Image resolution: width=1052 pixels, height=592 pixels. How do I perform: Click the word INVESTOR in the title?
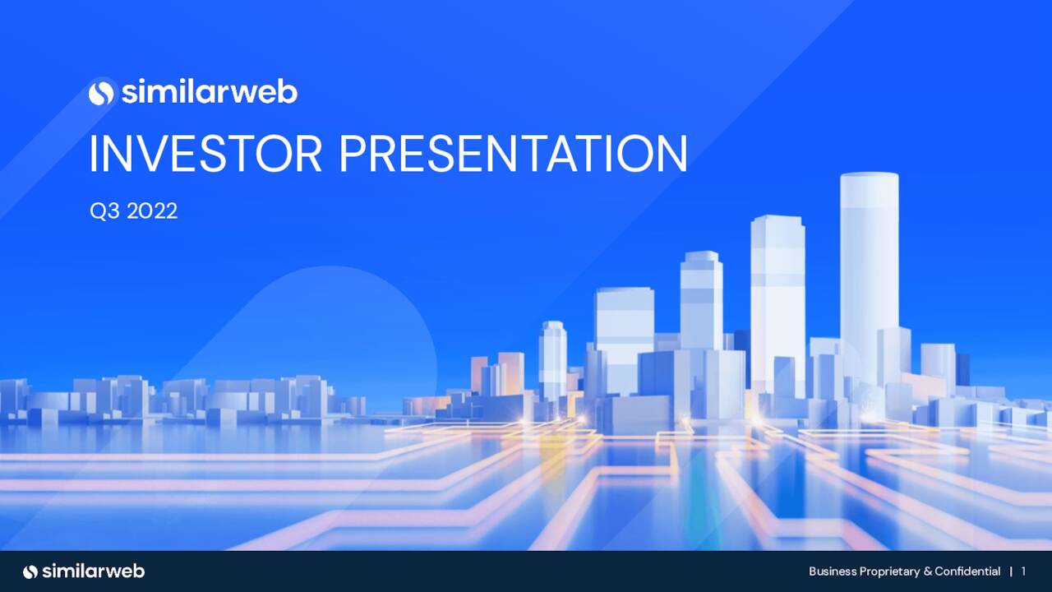(205, 154)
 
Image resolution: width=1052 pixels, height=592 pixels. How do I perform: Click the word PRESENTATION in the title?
(513, 154)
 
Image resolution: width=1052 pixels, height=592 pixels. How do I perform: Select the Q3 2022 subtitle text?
(133, 211)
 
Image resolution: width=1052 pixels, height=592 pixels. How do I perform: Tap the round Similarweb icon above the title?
(102, 92)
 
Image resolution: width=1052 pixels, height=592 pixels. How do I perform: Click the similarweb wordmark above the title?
(210, 92)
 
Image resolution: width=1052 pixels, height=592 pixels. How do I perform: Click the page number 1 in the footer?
(1023, 571)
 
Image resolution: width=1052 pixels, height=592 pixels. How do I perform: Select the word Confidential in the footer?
(967, 571)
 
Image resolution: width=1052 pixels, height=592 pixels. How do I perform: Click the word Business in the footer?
(833, 571)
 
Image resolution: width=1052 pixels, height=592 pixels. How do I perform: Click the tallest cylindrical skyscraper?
(869, 271)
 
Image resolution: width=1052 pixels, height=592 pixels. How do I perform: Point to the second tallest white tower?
(777, 296)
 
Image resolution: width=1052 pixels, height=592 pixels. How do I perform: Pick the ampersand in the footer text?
(928, 571)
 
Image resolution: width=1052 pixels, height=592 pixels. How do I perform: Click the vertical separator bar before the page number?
(1011, 571)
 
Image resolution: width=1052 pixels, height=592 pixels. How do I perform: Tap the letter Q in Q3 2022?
(96, 211)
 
